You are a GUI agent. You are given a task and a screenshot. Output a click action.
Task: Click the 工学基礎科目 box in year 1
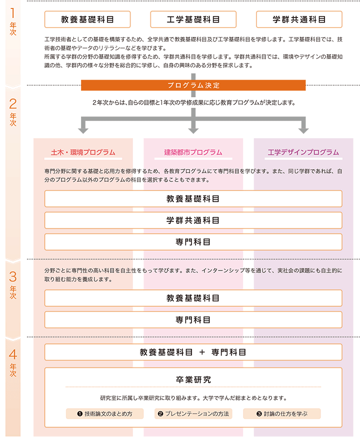(193, 19)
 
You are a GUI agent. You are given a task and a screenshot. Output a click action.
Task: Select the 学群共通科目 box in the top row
(299, 19)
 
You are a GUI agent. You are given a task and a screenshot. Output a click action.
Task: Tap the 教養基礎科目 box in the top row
(87, 19)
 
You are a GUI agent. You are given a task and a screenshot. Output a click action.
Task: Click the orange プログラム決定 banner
(193, 85)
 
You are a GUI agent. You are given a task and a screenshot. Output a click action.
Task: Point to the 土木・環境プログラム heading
(83, 152)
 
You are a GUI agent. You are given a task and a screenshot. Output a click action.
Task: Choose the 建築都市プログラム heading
(193, 152)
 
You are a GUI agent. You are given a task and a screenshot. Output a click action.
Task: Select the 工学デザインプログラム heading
(303, 152)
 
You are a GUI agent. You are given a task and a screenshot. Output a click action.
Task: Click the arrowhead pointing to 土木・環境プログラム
(83, 130)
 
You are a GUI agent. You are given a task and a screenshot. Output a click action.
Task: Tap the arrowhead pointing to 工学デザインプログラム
(303, 130)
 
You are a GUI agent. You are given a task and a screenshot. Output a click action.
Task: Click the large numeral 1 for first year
(12, 13)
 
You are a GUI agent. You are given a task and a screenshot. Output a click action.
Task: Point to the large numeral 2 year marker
(13, 104)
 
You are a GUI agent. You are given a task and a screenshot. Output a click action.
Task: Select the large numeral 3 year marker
(13, 277)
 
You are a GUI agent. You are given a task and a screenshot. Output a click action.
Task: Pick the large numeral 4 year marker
(13, 354)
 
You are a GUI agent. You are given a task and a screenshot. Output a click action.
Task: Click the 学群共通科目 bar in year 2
(193, 220)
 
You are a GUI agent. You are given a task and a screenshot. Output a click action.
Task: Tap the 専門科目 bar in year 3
(193, 320)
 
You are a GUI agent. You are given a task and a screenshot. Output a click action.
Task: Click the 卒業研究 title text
(193, 379)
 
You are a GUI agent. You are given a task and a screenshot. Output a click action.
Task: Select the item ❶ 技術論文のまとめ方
(104, 413)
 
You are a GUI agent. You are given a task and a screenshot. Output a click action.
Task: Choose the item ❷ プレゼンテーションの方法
(193, 413)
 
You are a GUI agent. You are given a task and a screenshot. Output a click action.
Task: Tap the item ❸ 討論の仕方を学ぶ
(282, 413)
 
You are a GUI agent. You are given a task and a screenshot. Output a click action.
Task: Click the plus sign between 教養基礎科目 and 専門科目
(202, 352)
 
